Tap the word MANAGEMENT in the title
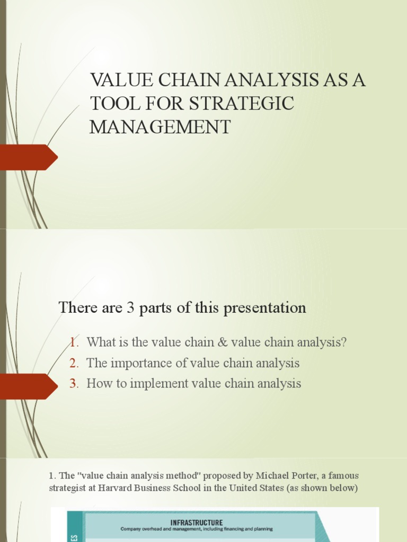coord(160,127)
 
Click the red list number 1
coord(73,342)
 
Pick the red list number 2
coord(74,363)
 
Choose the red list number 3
coord(74,384)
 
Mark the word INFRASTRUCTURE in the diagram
coord(197,522)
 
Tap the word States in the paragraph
coord(270,488)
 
